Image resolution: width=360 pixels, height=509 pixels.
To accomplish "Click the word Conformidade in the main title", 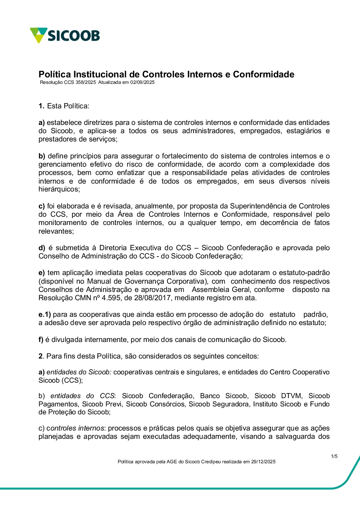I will click(x=264, y=75).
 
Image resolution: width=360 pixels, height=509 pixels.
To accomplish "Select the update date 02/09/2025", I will click(x=142, y=82).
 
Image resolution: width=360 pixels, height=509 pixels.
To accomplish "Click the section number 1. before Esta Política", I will click(x=41, y=106).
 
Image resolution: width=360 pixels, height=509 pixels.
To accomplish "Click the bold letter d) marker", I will click(x=42, y=248).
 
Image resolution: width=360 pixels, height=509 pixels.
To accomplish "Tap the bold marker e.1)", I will click(x=45, y=315).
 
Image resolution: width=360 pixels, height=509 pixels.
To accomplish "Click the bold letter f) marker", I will click(x=41, y=340).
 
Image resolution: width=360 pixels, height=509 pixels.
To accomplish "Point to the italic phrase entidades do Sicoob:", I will click(x=79, y=372).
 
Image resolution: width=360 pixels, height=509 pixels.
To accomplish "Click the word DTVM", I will click(x=291, y=396).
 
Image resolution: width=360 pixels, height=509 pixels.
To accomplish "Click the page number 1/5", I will click(x=334, y=456).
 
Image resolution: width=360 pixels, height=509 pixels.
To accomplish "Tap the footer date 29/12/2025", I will click(x=263, y=462).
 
